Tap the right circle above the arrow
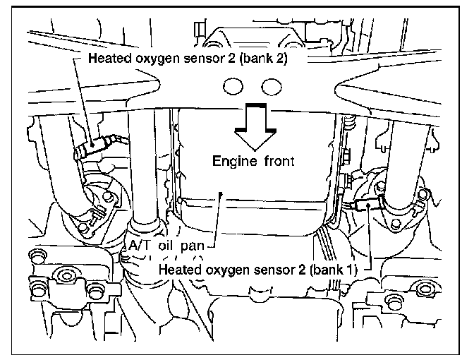tap(269, 86)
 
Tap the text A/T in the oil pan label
tap(140, 246)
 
